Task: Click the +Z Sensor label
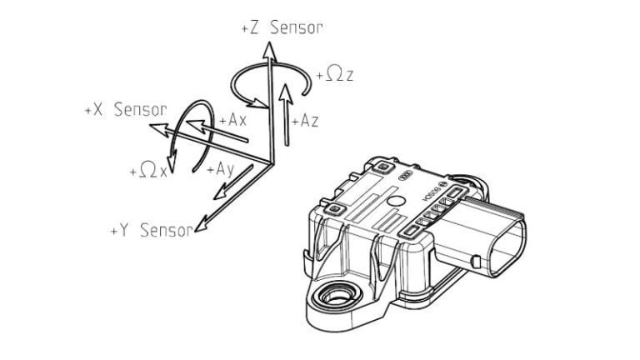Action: [281, 27]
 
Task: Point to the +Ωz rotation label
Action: [336, 75]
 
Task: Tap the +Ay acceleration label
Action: [219, 168]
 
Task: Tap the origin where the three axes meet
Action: [268, 160]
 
